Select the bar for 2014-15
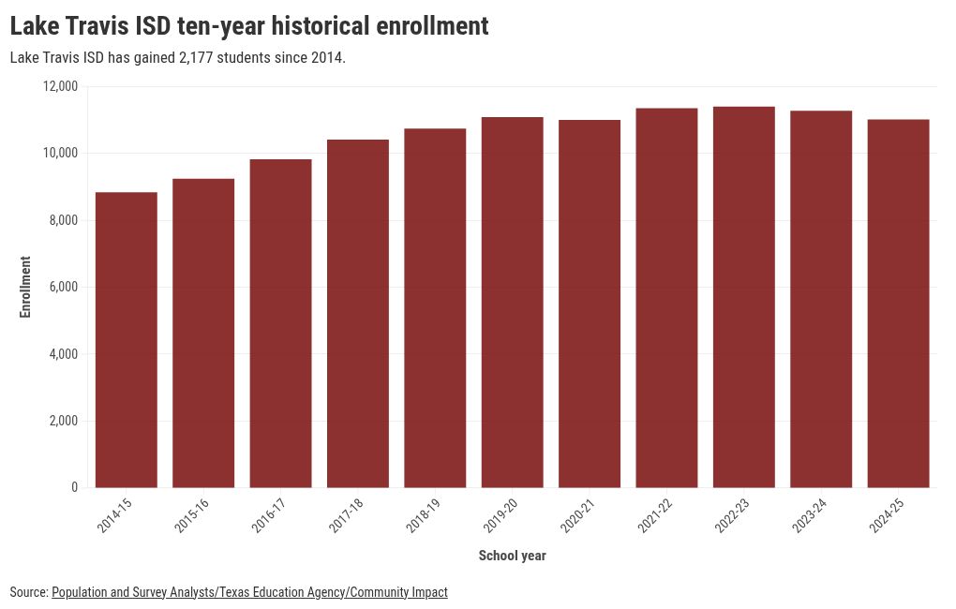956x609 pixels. coord(127,339)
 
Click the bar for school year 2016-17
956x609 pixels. coord(280,323)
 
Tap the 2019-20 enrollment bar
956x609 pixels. coord(512,303)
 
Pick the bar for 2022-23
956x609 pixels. coord(744,297)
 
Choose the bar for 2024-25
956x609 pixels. coord(898,304)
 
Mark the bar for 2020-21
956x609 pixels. coord(590,304)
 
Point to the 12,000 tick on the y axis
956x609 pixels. coord(60,86)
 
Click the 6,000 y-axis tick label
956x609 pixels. coord(64,287)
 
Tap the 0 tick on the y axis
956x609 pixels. coord(74,488)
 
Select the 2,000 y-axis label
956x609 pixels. coord(64,421)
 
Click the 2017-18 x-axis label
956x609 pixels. coord(346,515)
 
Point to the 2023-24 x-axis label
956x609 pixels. coord(809,515)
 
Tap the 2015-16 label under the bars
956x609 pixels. coord(191,515)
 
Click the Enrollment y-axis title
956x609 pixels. coord(25,287)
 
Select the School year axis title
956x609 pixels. coord(512,556)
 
